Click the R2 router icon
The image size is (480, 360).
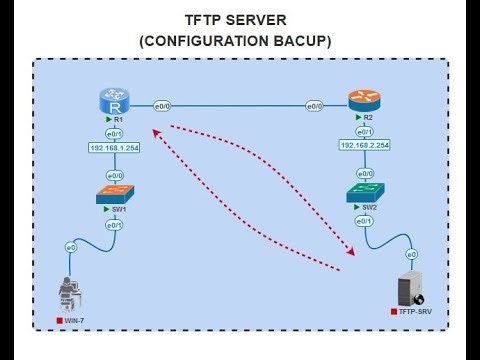click(361, 101)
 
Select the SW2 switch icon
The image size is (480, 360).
click(361, 192)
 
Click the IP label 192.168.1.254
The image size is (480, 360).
click(115, 147)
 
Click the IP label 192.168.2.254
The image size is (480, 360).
click(363, 146)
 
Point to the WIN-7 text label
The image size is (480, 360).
click(76, 322)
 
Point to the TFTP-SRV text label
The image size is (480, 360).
click(419, 312)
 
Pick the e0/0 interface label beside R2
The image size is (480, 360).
click(314, 105)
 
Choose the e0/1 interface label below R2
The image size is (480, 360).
click(361, 131)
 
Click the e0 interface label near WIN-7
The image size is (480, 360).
click(70, 247)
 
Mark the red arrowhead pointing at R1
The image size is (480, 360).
click(157, 127)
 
